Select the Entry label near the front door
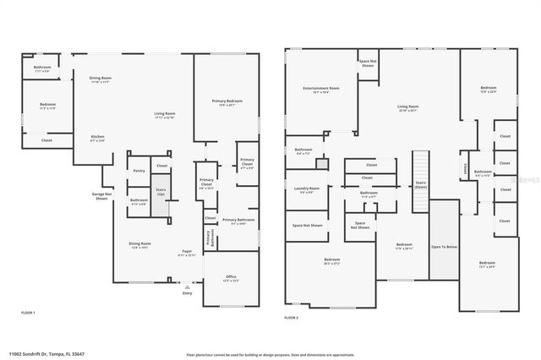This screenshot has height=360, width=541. pos(187,293)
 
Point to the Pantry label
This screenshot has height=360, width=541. pos(139,171)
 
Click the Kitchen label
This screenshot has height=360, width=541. pos(98,139)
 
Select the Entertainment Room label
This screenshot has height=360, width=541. pos(321,90)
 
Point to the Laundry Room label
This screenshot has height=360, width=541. pos(306,189)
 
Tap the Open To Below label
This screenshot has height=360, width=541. pos(445,248)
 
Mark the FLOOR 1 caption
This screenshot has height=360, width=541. pos(29,313)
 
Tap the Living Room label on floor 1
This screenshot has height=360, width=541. pos(164,115)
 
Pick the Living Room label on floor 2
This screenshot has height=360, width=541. pos(408,108)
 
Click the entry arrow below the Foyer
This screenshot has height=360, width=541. pos(187,286)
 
